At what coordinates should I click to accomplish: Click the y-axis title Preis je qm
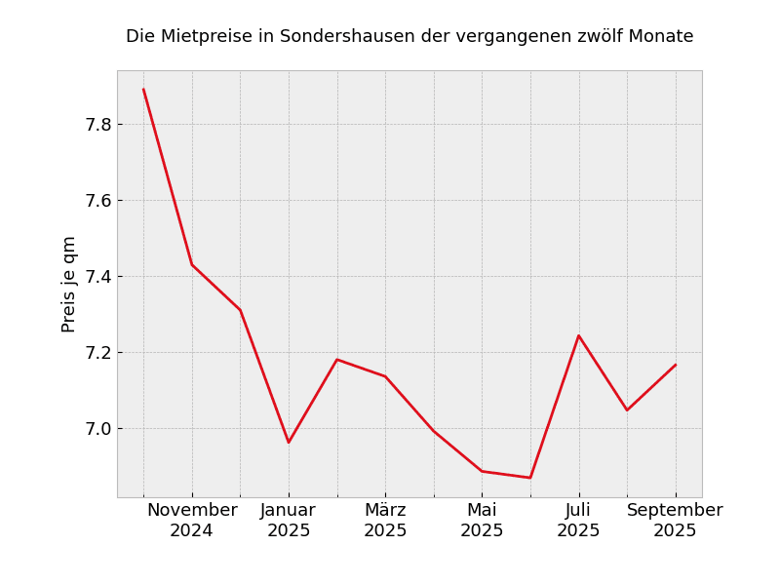tap(69, 284)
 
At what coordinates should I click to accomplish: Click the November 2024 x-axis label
tap(192, 521)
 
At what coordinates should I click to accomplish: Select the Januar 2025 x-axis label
tap(289, 521)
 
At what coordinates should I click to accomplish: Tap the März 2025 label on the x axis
tap(385, 521)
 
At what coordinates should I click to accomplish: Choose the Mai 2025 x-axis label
tap(482, 521)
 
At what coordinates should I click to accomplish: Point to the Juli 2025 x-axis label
tap(578, 521)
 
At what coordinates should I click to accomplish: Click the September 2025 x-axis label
tap(675, 521)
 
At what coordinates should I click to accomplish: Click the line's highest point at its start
tap(143, 90)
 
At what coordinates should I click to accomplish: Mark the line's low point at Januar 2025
tap(289, 443)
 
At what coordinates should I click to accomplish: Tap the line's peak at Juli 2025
tap(578, 335)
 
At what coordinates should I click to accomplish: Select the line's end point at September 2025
tap(676, 365)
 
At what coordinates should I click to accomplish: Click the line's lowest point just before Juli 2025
tap(530, 478)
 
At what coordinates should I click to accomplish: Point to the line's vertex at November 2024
tap(192, 264)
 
